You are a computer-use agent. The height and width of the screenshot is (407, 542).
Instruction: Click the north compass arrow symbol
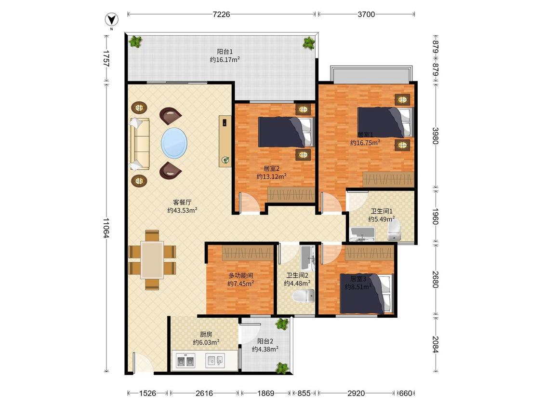click(x=111, y=20)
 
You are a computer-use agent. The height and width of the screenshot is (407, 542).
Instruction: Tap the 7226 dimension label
click(x=221, y=14)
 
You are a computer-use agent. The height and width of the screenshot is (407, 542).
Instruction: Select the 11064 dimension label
click(x=106, y=228)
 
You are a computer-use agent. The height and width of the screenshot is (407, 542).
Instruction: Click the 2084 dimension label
click(x=436, y=344)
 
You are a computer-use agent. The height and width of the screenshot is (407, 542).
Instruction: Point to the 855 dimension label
click(x=304, y=393)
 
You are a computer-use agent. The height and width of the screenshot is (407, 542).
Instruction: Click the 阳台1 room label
click(x=225, y=52)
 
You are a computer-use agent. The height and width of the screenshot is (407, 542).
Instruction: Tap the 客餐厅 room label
click(x=182, y=203)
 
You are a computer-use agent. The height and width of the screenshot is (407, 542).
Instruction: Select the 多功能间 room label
click(x=240, y=275)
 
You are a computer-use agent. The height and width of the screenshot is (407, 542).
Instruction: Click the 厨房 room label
click(x=206, y=334)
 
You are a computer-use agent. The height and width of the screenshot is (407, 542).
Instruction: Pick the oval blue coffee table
click(x=174, y=143)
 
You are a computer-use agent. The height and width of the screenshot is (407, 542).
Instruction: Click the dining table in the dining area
click(x=152, y=260)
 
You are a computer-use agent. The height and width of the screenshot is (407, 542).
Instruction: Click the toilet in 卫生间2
click(x=303, y=297)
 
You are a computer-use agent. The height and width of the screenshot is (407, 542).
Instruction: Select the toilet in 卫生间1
click(x=394, y=231)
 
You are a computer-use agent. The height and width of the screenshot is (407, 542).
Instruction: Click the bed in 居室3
click(x=367, y=294)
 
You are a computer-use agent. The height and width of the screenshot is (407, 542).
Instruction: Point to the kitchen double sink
click(x=185, y=361)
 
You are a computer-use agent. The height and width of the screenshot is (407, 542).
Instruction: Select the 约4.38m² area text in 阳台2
click(x=265, y=350)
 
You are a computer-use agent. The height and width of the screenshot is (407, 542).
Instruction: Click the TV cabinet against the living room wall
click(x=225, y=141)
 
